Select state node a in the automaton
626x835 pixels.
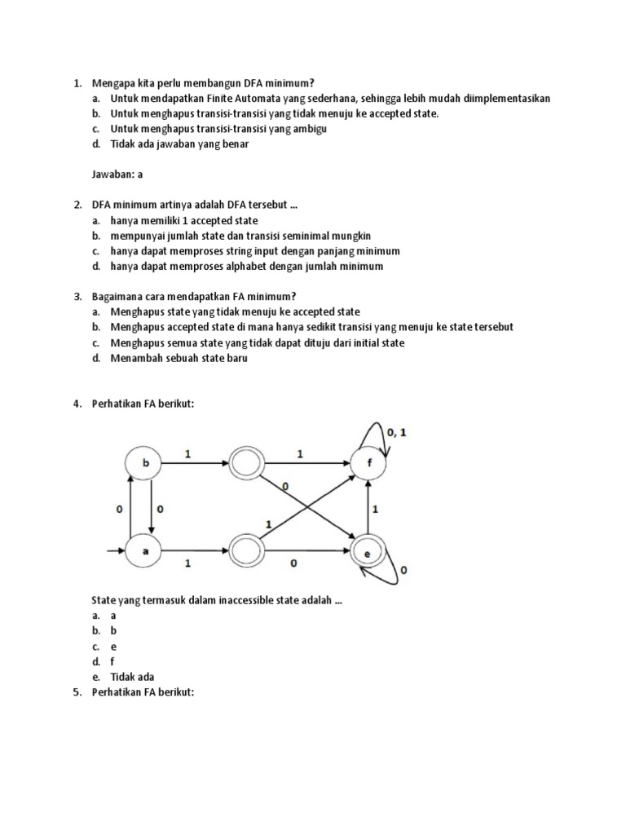tap(147, 551)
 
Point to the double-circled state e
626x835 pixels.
tap(368, 554)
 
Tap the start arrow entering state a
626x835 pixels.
tap(114, 552)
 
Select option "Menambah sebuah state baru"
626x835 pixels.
tap(179, 358)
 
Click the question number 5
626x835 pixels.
tap(77, 692)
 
